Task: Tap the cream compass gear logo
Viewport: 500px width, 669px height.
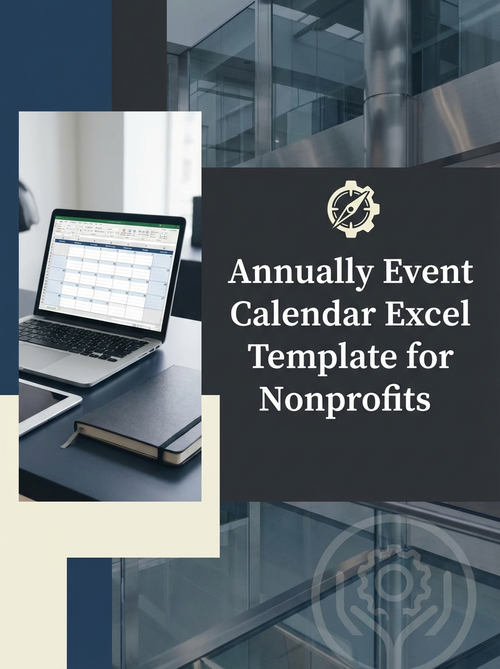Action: [x=353, y=205]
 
